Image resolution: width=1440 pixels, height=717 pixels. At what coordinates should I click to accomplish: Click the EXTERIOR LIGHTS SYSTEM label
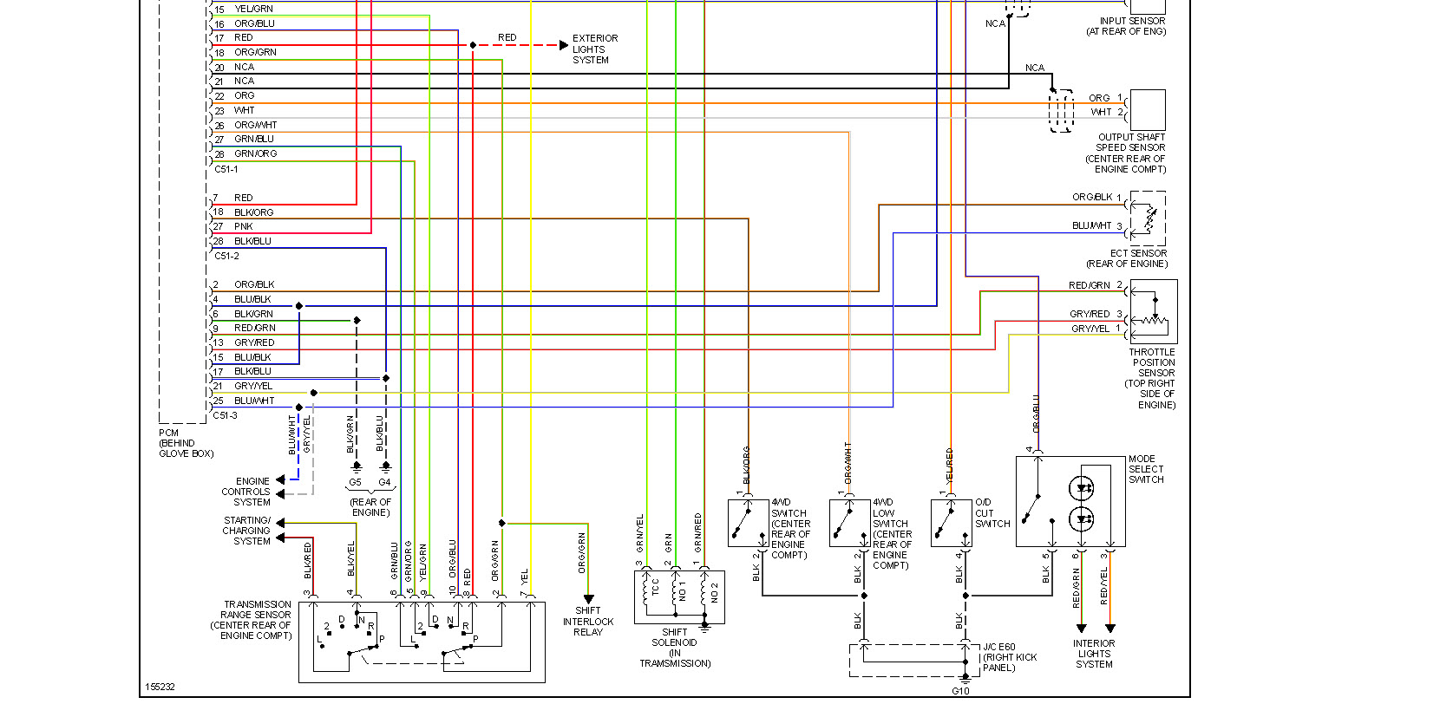[x=594, y=49]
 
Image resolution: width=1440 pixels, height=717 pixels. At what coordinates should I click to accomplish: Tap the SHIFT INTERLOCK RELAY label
[x=587, y=622]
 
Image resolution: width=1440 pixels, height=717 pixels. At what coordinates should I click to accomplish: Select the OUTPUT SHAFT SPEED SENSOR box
[x=1148, y=110]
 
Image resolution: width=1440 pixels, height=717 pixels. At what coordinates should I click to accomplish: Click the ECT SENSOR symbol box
[x=1148, y=218]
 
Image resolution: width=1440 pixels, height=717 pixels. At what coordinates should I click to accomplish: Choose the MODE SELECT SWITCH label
[x=1146, y=469]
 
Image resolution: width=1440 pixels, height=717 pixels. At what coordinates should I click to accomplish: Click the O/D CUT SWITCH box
[x=952, y=522]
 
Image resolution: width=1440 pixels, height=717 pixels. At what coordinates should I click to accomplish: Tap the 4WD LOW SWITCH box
[x=849, y=522]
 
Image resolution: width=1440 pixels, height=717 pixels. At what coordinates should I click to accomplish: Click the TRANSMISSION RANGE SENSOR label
[x=256, y=620]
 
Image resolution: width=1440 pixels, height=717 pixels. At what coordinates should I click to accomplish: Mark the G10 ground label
[x=960, y=691]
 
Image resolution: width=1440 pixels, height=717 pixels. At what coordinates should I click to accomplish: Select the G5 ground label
[x=356, y=482]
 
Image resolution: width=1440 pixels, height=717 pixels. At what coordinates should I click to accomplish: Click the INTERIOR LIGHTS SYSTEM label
[x=1094, y=654]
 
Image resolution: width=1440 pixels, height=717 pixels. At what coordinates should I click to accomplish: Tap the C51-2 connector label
[x=226, y=256]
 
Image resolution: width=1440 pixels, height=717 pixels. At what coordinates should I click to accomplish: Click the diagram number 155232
[x=160, y=687]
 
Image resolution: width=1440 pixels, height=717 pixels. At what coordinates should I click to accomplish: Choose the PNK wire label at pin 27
[x=244, y=226]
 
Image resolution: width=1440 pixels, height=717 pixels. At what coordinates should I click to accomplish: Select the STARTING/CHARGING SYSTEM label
[x=247, y=531]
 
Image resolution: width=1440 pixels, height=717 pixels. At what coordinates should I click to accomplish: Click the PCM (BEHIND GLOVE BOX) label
[x=186, y=443]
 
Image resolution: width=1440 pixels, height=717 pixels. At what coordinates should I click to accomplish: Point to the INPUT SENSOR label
[x=1126, y=26]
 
